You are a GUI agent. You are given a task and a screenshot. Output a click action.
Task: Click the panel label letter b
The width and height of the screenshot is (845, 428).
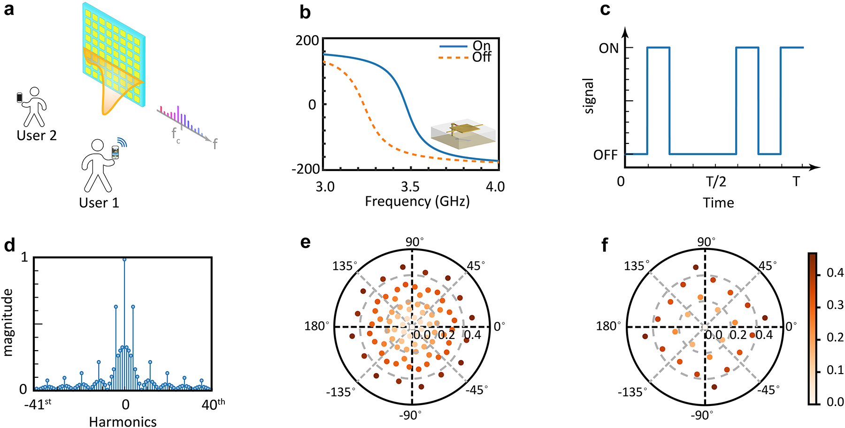305,13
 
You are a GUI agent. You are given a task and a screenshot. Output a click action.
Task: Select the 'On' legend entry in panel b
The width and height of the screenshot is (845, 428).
482,45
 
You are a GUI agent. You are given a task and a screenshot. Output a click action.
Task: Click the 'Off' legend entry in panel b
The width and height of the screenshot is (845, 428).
482,57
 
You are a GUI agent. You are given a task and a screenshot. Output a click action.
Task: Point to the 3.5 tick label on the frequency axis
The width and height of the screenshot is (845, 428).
410,187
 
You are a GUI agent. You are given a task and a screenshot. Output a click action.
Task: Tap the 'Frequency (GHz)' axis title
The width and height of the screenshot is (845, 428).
417,202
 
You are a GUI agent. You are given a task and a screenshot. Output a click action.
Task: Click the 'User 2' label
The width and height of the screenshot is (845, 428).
37,136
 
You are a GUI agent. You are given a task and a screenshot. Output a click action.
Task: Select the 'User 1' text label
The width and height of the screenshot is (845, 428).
99,203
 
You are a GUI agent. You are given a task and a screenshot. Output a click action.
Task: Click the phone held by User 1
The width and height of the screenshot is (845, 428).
115,153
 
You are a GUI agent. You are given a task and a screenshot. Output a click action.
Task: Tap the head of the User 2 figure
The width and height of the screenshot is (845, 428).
35,92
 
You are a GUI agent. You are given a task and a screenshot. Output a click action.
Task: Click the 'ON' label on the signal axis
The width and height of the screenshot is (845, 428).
608,48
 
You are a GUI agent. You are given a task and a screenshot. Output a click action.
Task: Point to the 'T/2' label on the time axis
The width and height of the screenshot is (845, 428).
716,181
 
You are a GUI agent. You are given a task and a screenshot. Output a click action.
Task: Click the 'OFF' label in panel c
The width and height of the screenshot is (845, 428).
605,155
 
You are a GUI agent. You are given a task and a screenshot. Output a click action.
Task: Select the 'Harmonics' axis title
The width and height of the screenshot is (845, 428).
123,421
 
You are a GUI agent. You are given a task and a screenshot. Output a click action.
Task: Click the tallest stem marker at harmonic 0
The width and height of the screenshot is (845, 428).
124,259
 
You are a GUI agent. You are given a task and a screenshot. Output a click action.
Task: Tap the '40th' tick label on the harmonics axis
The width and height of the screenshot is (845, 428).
213,405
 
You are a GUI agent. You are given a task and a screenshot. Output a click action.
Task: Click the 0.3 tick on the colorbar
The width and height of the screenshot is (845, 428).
835,305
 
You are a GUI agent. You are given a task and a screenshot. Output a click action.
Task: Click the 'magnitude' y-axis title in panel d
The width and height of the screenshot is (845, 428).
8,323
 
